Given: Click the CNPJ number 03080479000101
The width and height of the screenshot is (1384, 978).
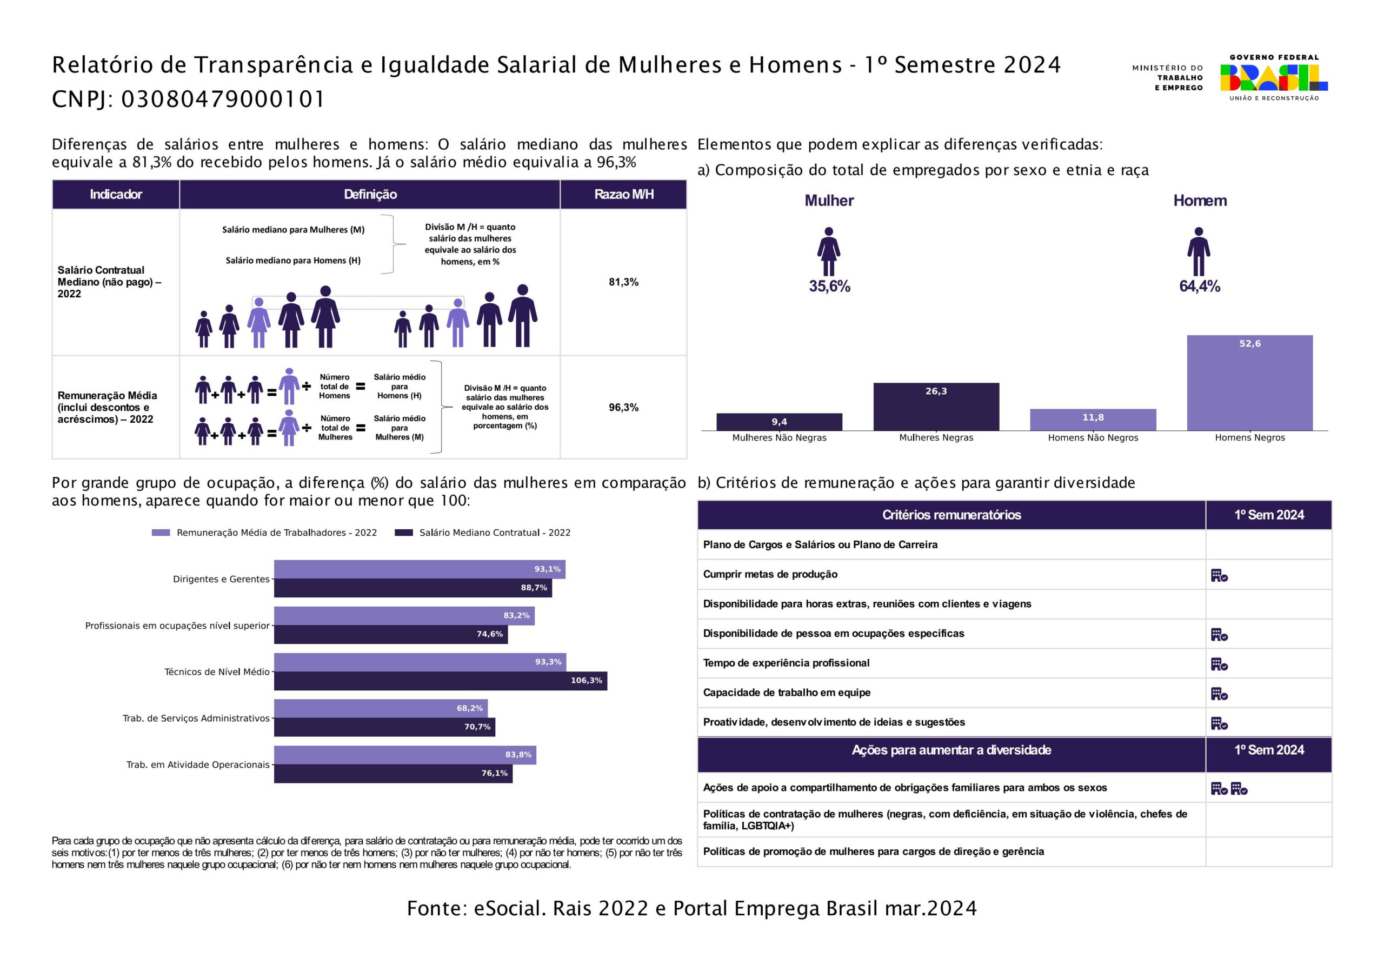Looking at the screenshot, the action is (223, 99).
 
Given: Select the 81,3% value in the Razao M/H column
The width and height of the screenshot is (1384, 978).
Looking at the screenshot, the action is (623, 282).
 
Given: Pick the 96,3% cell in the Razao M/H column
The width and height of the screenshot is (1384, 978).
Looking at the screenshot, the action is (623, 408).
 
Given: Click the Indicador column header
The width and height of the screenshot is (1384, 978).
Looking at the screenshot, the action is (116, 194).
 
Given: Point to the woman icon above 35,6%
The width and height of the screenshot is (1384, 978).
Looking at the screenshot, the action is (829, 251).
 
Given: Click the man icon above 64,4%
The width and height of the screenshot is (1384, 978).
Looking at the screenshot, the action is (1199, 251).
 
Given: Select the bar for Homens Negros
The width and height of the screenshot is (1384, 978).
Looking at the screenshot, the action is (1249, 383).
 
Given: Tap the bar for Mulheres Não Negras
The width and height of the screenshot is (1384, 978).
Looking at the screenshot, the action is (780, 422).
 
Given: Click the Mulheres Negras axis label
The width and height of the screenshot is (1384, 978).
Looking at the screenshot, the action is (936, 438).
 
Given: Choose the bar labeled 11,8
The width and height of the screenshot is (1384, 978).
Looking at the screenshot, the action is (1093, 420).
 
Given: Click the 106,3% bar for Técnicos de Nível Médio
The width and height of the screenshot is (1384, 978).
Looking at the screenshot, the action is (441, 681).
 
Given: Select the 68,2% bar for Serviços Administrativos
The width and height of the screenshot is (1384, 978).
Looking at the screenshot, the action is (381, 708).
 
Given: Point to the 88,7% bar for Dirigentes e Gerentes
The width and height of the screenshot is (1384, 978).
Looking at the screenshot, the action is (413, 588).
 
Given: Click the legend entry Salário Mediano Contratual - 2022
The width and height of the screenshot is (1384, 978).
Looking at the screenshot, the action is (482, 533).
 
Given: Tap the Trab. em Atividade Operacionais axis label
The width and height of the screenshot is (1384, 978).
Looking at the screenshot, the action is (198, 764).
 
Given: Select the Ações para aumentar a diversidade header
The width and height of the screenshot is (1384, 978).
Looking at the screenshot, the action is (951, 750).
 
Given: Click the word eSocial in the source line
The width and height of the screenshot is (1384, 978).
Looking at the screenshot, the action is (508, 909).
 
